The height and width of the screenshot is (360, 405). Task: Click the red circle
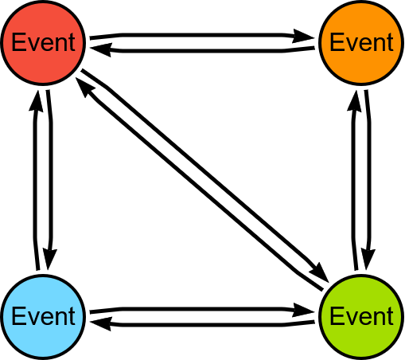[43, 43]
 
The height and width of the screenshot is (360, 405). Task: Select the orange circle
[361, 43]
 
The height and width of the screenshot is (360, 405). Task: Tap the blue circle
[43, 317]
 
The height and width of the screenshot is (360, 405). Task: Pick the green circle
[361, 317]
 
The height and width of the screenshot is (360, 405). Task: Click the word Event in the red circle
[44, 42]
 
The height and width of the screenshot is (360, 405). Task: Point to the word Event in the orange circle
[361, 42]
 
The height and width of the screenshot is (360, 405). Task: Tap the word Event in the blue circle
[44, 316]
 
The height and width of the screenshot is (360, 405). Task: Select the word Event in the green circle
[361, 316]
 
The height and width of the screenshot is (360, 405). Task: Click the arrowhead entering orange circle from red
[303, 36]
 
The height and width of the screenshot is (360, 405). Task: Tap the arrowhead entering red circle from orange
[101, 49]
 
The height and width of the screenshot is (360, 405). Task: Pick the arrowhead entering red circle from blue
[36, 100]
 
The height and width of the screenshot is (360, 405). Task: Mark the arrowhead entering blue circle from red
[49, 260]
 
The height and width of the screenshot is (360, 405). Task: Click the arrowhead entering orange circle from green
[355, 100]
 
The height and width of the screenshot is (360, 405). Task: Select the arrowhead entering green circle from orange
[368, 260]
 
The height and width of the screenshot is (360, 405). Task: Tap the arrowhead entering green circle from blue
[303, 310]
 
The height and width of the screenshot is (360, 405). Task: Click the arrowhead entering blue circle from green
[101, 323]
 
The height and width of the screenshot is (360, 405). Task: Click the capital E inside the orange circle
[337, 42]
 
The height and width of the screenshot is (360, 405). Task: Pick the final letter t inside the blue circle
[72, 317]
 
